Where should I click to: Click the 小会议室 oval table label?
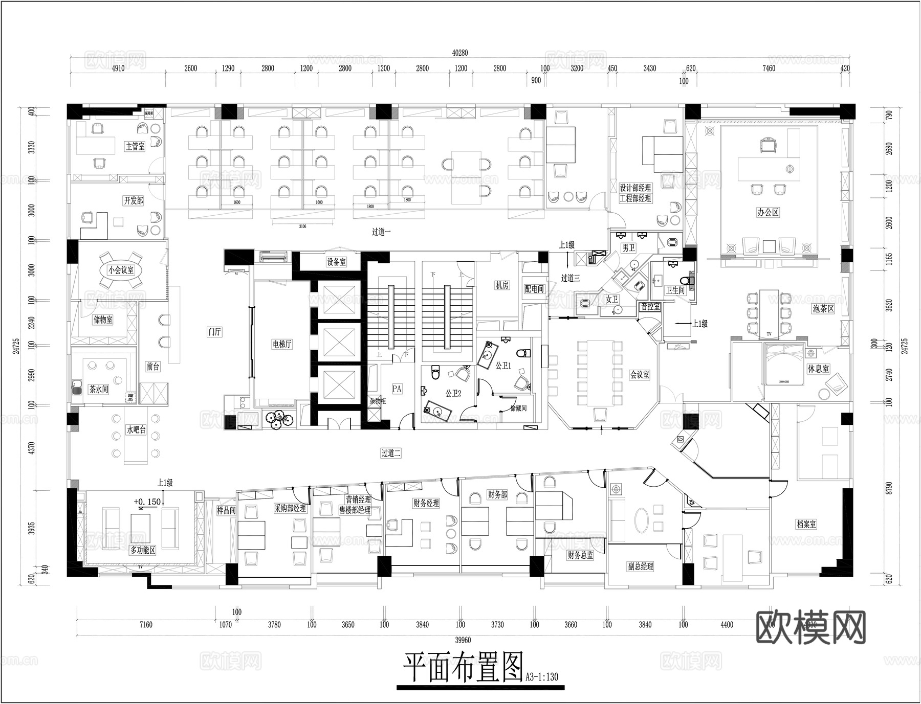(121, 270)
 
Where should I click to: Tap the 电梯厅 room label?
(282, 344)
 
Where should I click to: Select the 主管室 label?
(135, 146)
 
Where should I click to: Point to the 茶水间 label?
(99, 389)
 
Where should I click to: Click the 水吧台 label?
(136, 430)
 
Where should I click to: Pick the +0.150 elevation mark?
(147, 502)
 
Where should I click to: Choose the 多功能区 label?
(143, 550)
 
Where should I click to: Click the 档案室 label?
(806, 524)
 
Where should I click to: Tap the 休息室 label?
(818, 369)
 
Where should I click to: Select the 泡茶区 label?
(823, 309)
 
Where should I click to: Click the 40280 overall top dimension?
(460, 53)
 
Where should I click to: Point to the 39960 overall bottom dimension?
(463, 640)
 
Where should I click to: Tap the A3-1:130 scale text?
(542, 677)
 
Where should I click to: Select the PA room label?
(397, 389)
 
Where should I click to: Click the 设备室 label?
(336, 262)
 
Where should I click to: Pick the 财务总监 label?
(580, 555)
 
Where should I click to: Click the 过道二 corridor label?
(391, 453)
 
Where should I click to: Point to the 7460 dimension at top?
(769, 68)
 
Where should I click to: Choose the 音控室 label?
(650, 307)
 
